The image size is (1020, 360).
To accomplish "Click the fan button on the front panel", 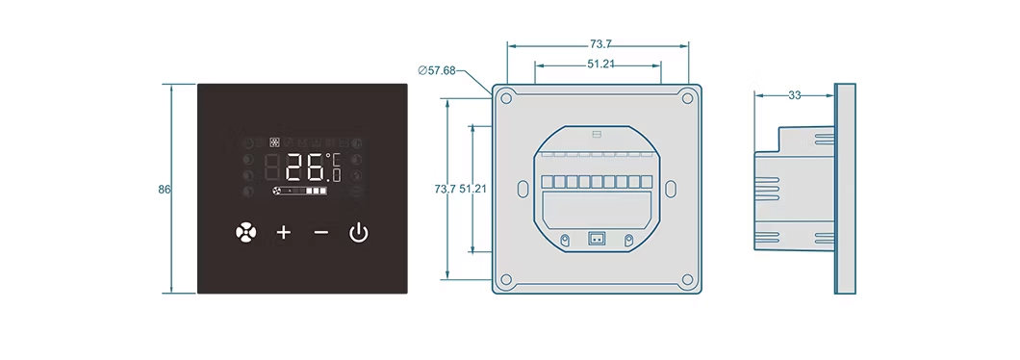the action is pos(246,232).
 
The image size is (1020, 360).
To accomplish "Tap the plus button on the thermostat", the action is pos(284,232).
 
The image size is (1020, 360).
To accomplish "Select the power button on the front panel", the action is pos(359,232).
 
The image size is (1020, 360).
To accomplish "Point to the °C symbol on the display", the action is pos(334,158).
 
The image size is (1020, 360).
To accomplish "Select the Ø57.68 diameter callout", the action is pos(437,70).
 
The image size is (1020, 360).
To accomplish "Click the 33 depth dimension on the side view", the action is pos(794,95).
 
